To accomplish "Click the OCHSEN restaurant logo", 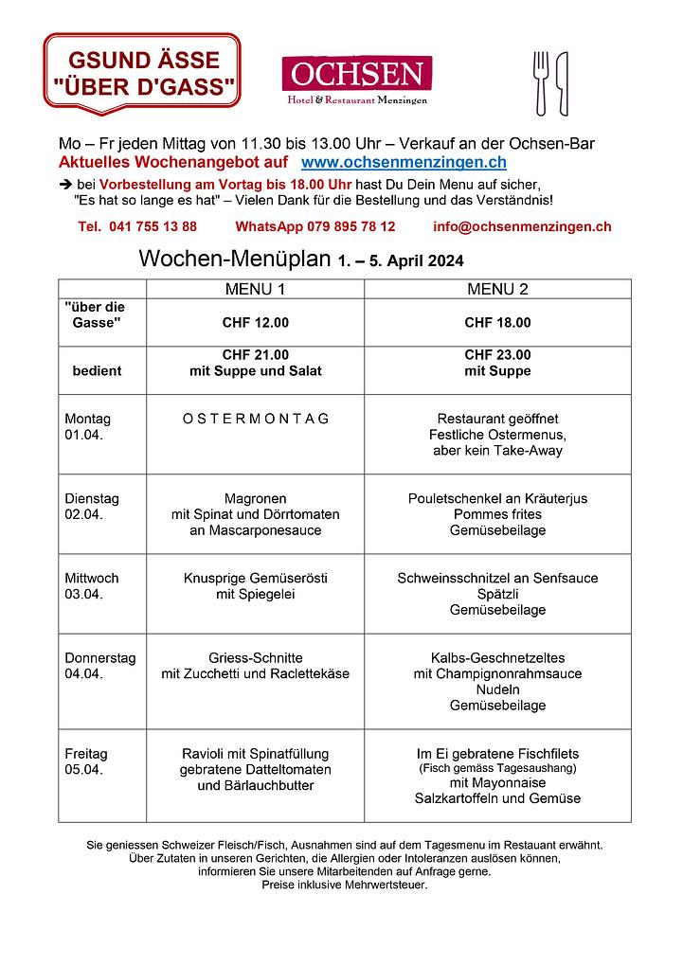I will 356,80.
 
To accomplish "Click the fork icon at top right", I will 541,83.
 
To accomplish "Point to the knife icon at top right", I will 562,83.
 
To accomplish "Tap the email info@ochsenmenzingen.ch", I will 521,227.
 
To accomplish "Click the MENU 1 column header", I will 255,289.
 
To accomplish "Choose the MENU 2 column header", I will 497,289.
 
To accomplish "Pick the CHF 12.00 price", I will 255,323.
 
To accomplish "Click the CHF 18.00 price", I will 497,323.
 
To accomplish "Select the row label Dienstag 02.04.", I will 89,507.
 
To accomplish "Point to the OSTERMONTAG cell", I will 255,419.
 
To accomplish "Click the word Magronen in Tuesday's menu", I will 255,499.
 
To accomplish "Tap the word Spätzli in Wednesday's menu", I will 497,595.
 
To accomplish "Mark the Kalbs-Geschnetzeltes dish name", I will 497,658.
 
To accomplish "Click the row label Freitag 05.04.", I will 86,761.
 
